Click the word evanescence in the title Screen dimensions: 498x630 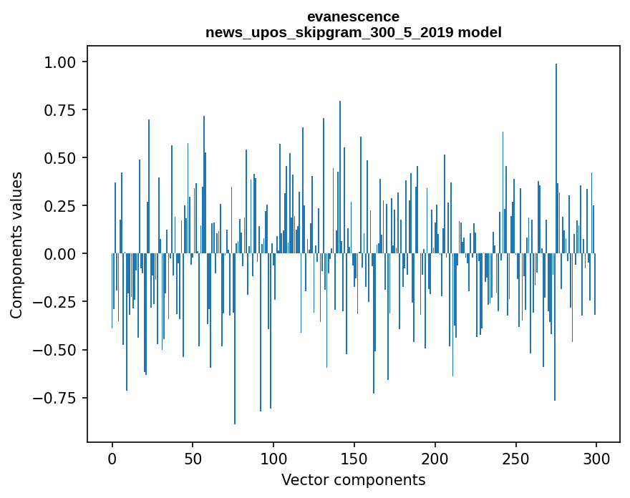(353, 16)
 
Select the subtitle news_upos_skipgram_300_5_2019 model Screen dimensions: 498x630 (353, 32)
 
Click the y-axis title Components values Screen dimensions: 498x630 (16, 245)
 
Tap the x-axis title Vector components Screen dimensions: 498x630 (353, 480)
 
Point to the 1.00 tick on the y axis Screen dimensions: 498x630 (61, 62)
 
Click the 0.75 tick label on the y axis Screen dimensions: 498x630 (61, 110)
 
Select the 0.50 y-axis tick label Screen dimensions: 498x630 (61, 158)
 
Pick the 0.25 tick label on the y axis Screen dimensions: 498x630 (61, 206)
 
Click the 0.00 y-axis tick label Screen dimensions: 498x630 (61, 254)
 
